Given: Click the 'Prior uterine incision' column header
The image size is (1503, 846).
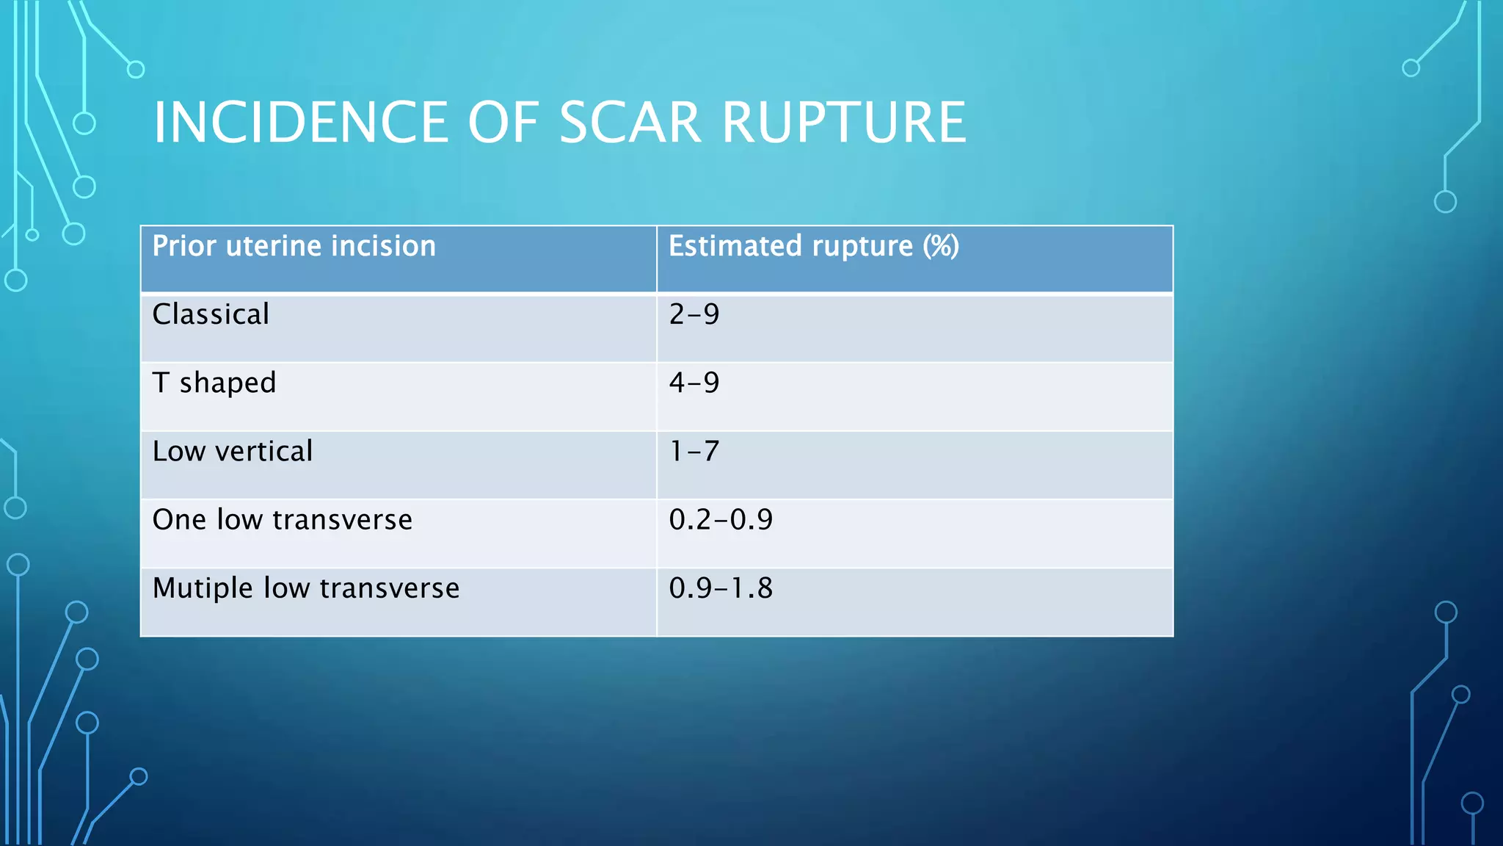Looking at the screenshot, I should click(x=294, y=246).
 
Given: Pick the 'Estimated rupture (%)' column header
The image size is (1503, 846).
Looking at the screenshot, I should click(x=813, y=246).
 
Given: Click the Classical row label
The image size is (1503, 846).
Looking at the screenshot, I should click(x=211, y=314).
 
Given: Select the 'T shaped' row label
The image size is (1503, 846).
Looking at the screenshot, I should click(x=214, y=383).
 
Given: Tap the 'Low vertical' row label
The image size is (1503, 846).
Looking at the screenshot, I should click(x=232, y=451).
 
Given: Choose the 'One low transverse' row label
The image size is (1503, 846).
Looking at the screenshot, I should click(x=282, y=520).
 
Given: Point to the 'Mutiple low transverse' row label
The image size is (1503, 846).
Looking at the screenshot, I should click(x=305, y=588).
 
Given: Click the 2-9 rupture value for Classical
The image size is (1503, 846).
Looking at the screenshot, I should click(x=694, y=314).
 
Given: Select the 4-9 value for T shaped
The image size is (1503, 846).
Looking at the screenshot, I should click(x=694, y=383).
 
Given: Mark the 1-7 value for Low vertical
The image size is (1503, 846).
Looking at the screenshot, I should click(x=694, y=451).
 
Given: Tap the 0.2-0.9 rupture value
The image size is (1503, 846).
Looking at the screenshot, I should click(x=721, y=520).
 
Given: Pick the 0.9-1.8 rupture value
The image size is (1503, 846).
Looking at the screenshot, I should click(x=721, y=588).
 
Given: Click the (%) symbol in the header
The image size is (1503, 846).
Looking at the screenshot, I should click(x=941, y=246).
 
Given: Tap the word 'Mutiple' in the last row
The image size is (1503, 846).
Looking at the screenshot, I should click(x=203, y=588).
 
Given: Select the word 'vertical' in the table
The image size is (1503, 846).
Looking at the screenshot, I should click(x=263, y=451).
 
